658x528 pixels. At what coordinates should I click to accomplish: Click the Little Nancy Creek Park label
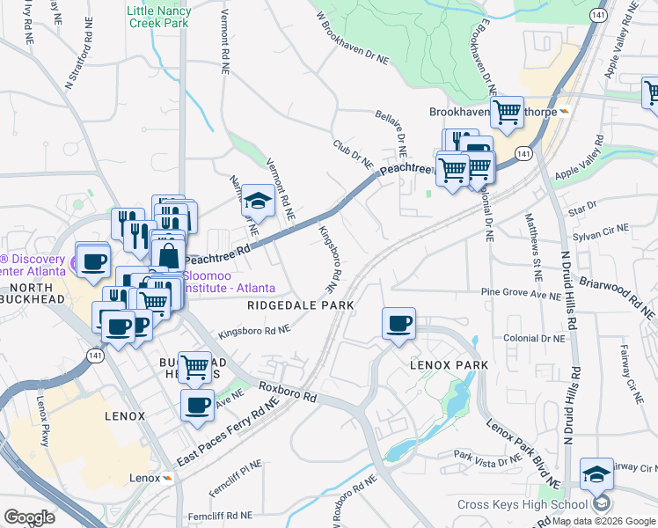(158, 17)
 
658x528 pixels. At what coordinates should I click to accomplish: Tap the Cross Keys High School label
(522, 504)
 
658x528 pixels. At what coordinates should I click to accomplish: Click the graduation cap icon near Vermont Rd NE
(258, 202)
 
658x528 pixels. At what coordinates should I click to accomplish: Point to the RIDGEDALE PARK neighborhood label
(300, 305)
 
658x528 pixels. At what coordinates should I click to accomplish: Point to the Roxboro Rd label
(286, 391)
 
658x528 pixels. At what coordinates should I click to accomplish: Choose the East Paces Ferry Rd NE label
(226, 432)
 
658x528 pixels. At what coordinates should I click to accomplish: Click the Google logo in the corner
(30, 517)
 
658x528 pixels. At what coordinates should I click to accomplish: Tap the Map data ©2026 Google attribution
(603, 521)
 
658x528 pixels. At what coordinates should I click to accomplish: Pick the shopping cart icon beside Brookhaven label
(507, 112)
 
